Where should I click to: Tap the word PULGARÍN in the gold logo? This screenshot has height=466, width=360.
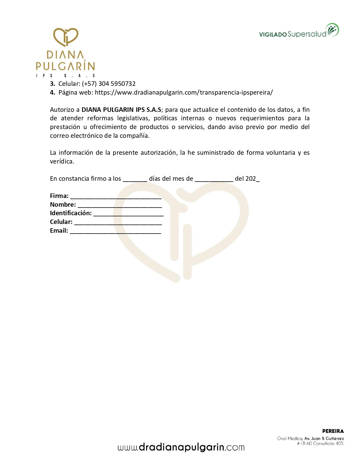(65, 66)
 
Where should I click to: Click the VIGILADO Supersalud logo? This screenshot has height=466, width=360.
(299, 31)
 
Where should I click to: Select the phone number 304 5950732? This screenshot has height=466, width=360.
(117, 84)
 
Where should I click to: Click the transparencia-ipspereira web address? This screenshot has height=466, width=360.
(184, 93)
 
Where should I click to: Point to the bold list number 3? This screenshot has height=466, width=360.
(52, 84)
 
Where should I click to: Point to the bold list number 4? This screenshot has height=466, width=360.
(52, 93)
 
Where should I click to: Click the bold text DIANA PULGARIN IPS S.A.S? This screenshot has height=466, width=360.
(121, 110)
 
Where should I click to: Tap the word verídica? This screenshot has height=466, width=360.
(62, 162)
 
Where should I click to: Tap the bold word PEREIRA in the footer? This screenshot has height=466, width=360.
(333, 431)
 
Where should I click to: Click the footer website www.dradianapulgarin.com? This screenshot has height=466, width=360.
(181, 447)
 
